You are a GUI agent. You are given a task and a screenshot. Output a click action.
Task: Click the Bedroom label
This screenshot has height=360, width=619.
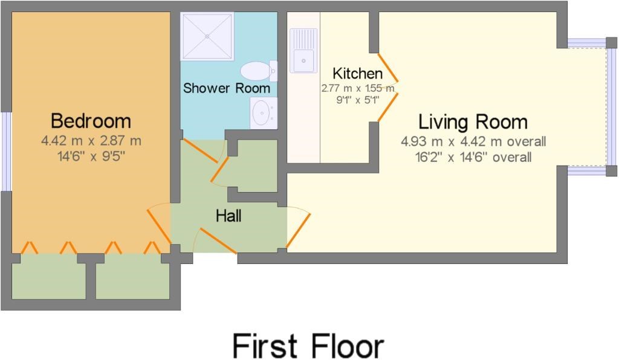91,121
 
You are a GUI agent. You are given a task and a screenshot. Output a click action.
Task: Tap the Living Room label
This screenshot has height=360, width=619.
473,122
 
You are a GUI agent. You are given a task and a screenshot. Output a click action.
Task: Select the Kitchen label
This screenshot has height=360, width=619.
358,73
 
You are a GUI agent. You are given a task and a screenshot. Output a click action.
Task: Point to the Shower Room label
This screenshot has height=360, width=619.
227,88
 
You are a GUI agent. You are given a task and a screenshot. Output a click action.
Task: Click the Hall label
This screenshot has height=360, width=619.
228,216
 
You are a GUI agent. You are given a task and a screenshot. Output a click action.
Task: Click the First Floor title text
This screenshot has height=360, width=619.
308,346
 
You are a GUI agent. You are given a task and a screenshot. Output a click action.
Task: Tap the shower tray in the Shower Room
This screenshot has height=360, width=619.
207,36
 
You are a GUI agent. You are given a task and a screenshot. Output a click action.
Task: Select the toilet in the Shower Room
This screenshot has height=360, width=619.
259,71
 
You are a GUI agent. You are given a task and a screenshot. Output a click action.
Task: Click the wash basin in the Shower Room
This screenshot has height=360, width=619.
264,113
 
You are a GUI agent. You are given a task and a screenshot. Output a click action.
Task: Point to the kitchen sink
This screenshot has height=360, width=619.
303,51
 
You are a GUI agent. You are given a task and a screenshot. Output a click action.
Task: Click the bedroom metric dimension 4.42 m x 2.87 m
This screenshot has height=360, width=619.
91,140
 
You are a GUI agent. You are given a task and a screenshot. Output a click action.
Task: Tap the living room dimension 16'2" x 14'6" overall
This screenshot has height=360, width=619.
473,157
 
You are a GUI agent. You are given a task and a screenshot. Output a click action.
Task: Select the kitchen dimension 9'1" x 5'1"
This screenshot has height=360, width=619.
358,100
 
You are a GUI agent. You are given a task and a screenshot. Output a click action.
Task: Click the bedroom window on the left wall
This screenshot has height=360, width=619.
6,152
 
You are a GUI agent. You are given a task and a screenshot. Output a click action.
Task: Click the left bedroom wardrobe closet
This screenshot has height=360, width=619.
48,276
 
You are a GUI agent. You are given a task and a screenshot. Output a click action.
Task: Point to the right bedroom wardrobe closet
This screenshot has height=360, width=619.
132,276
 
